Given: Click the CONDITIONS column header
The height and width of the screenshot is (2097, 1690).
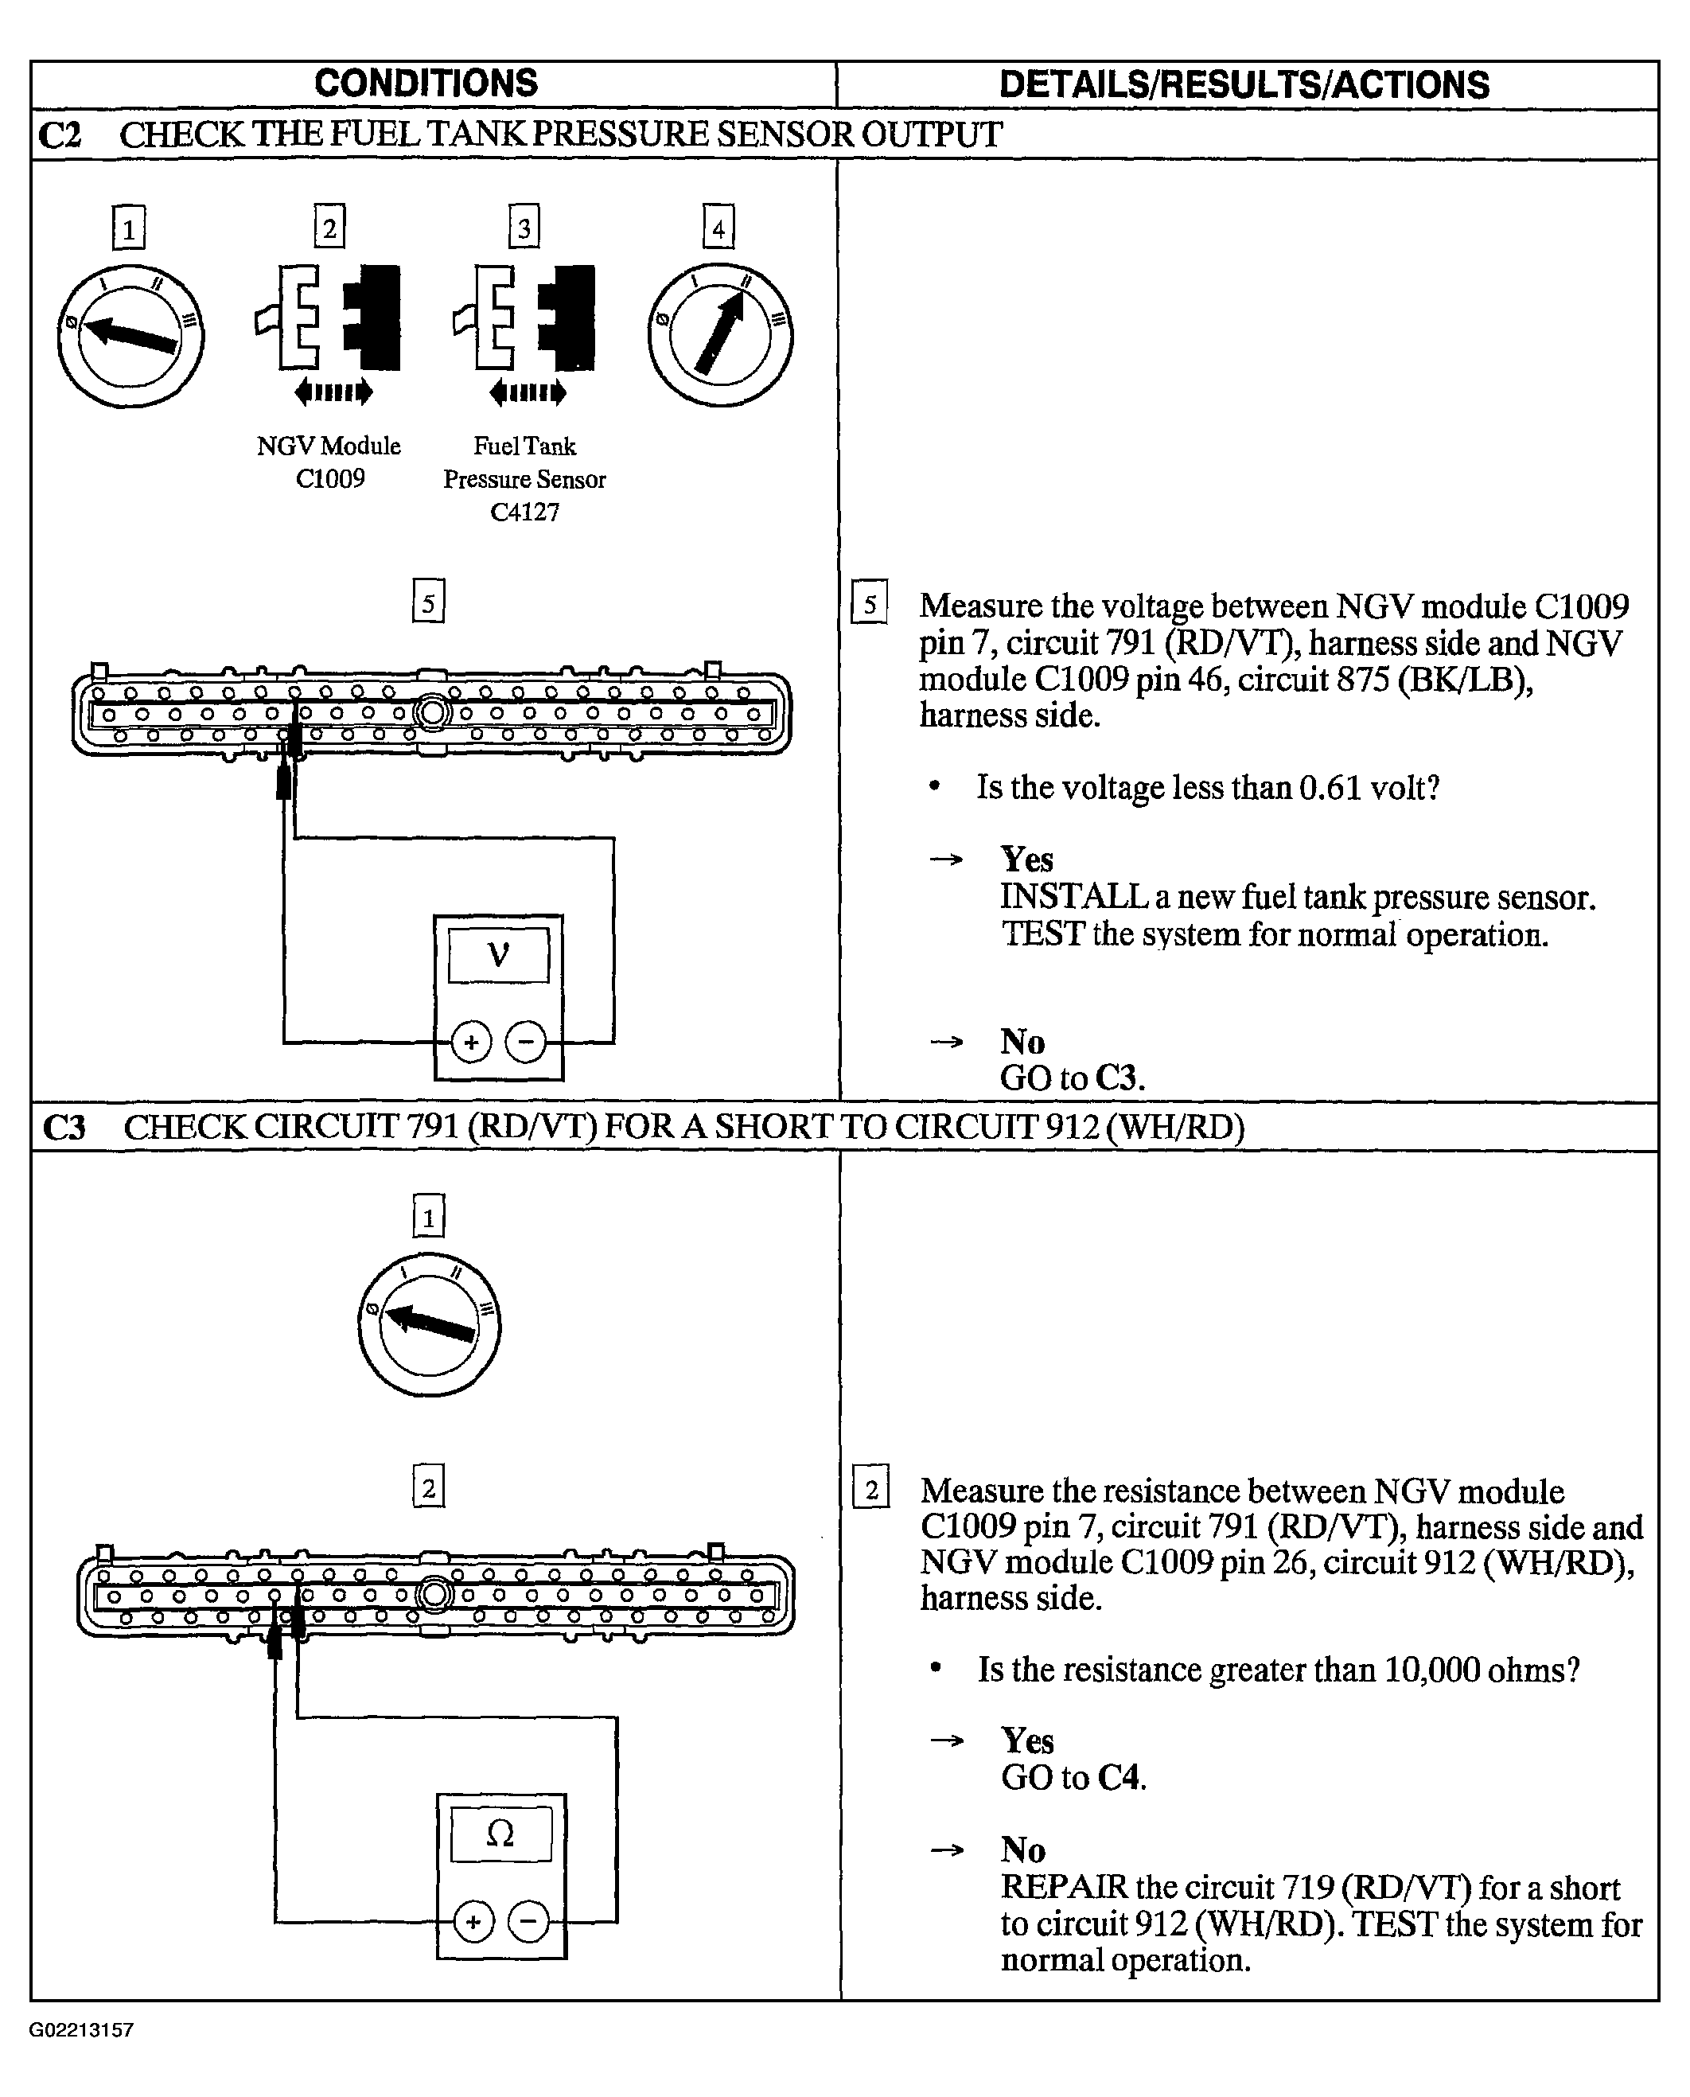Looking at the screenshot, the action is (x=426, y=84).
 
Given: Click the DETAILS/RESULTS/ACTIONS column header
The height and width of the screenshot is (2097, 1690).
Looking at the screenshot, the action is (x=1244, y=86).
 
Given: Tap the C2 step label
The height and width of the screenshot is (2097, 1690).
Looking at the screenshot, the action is (x=60, y=135).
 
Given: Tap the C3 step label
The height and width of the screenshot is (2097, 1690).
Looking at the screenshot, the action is (x=64, y=1128).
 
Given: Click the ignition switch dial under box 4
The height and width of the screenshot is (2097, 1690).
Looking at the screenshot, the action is (x=720, y=334).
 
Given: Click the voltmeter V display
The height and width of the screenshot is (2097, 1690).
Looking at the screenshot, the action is (x=498, y=955).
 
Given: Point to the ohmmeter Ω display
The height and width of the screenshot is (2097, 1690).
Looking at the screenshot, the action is (x=500, y=1834).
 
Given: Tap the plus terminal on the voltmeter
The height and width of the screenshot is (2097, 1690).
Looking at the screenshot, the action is (x=471, y=1043).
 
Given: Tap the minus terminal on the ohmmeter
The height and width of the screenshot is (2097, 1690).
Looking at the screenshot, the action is (x=528, y=1922).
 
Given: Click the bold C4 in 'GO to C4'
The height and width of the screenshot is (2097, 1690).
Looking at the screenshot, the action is (x=1120, y=1779).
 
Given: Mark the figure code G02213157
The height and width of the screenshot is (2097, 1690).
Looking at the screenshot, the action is (x=81, y=2030).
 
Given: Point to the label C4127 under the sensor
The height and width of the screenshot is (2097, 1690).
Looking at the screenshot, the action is (x=524, y=512).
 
